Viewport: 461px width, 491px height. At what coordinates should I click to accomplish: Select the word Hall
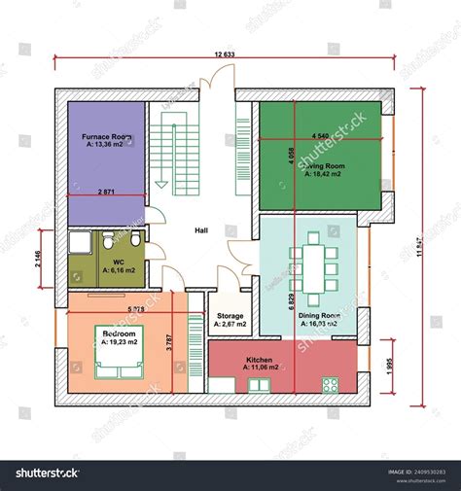click(x=201, y=230)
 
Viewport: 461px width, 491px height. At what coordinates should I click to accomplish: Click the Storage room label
click(x=230, y=316)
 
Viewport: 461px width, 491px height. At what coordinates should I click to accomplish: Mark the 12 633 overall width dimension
click(x=224, y=55)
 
